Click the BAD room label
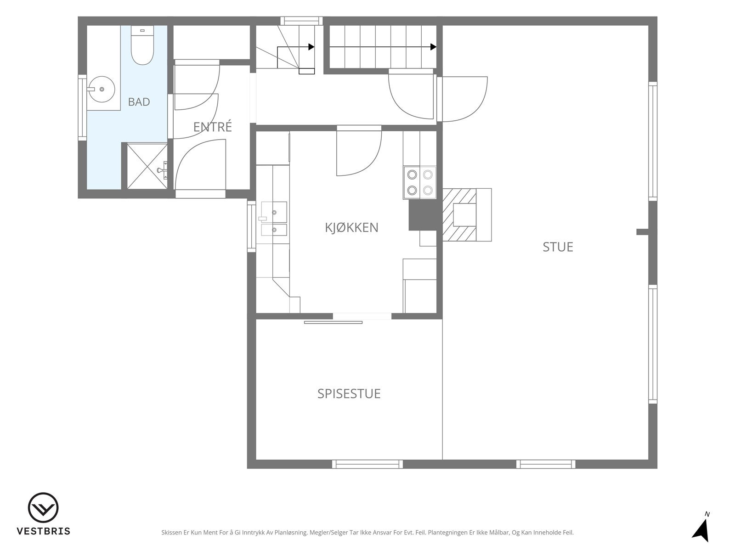[x=139, y=101]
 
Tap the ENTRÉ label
[x=213, y=127]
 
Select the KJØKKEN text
[x=351, y=227]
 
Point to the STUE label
[x=558, y=247]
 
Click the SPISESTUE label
[x=349, y=394]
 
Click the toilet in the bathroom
[x=142, y=45]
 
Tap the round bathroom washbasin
[x=102, y=90]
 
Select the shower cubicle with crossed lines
[x=147, y=166]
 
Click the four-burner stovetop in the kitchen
[x=420, y=183]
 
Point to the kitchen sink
[x=274, y=219]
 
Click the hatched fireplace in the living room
[x=459, y=215]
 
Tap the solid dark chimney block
[x=423, y=215]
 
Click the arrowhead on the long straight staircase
[x=433, y=47]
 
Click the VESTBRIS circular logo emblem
[x=43, y=508]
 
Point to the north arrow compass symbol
[x=701, y=531]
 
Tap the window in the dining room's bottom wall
[x=367, y=464]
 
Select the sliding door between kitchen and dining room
[x=333, y=322]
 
